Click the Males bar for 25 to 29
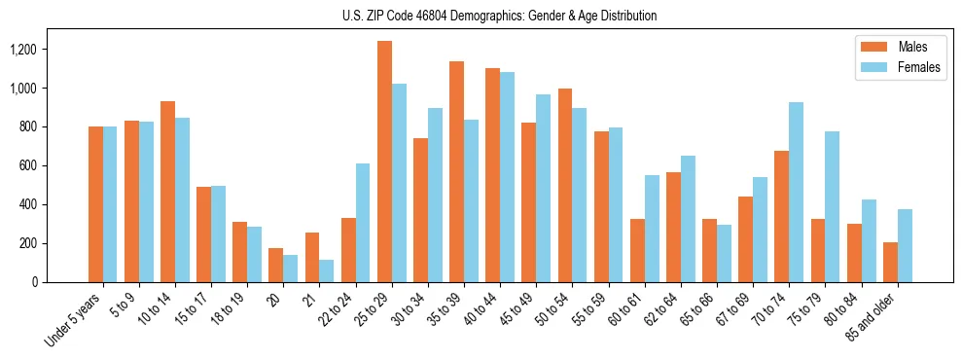[x=385, y=162]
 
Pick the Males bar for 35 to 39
[x=457, y=171]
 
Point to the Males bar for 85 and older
[x=890, y=262]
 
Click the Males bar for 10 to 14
[x=168, y=192]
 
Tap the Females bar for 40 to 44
[x=507, y=177]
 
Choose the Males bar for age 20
[x=276, y=265]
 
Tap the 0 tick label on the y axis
[x=61, y=282]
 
